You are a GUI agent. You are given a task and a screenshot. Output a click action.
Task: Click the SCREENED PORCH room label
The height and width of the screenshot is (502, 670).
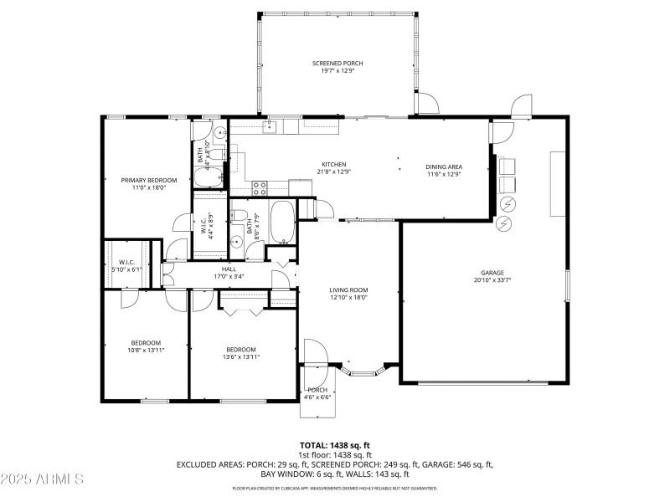pos(338,64)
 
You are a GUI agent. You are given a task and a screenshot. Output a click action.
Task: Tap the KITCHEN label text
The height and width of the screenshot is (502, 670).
pos(334,165)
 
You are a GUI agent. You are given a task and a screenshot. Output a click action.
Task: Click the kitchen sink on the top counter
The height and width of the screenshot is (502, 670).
pos(270,127)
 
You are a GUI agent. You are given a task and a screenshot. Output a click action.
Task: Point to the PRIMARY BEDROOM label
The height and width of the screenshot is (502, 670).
pos(149,180)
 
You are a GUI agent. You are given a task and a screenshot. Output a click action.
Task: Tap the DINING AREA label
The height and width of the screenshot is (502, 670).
pos(444,166)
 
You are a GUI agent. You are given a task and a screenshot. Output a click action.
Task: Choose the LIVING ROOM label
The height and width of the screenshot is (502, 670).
pos(348,290)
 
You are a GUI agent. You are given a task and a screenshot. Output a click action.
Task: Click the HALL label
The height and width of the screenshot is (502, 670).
pos(229,269)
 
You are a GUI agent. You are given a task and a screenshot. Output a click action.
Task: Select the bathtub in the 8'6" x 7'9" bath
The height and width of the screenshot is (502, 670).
pos(281,222)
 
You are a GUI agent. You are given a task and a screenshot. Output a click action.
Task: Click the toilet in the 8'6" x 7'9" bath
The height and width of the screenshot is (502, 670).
pos(240,218)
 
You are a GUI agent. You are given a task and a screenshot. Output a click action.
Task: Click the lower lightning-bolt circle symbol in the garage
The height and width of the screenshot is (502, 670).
pos(504,224)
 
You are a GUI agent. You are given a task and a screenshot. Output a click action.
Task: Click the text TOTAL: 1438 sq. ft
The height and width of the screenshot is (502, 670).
pos(335,445)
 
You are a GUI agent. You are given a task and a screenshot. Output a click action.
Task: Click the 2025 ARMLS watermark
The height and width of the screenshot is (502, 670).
pos(42,479)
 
